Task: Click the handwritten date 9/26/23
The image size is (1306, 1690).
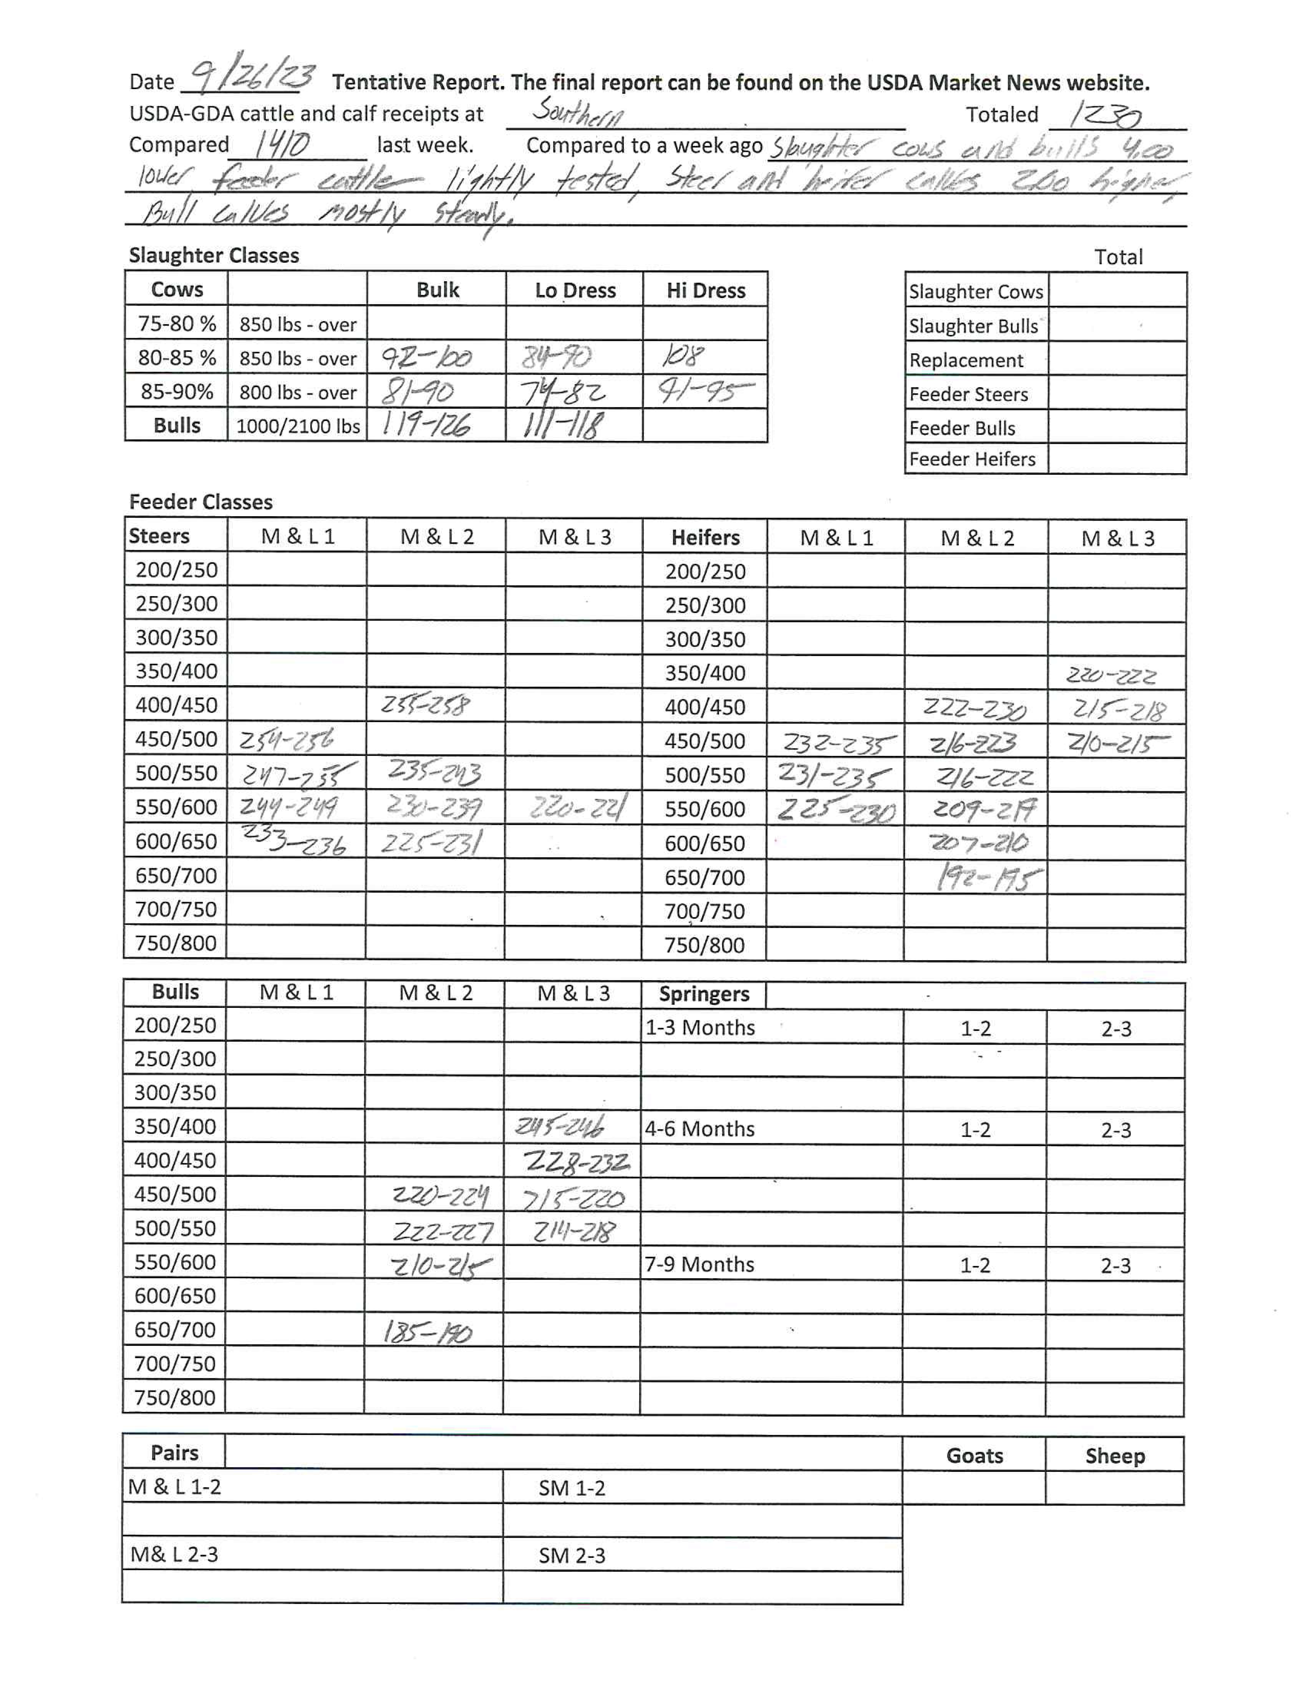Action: click(x=252, y=77)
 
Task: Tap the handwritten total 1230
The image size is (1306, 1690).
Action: click(x=1105, y=115)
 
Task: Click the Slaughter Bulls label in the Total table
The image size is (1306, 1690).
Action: click(x=973, y=326)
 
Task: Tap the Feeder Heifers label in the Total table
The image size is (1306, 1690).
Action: click(x=972, y=459)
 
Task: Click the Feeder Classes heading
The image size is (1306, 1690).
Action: click(x=200, y=502)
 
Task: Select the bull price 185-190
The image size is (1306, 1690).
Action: click(x=427, y=1332)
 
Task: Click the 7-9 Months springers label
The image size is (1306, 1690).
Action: click(x=700, y=1263)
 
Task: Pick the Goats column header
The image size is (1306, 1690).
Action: click(x=974, y=1455)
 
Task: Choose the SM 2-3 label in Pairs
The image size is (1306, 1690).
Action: click(x=572, y=1555)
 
